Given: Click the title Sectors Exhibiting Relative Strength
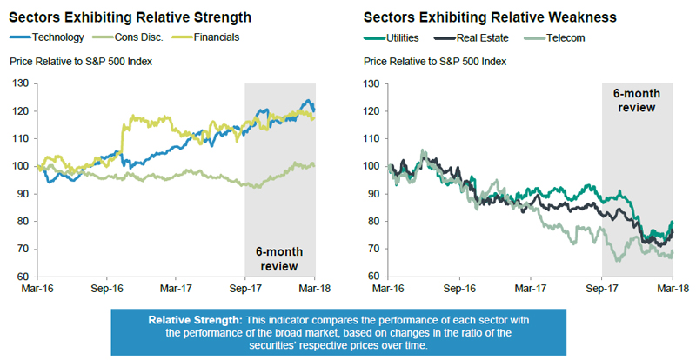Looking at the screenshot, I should [130, 17].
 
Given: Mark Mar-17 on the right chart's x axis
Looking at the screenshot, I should [530, 286].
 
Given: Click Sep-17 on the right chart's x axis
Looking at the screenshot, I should [601, 286].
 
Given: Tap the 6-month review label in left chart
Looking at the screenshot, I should [280, 258].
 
